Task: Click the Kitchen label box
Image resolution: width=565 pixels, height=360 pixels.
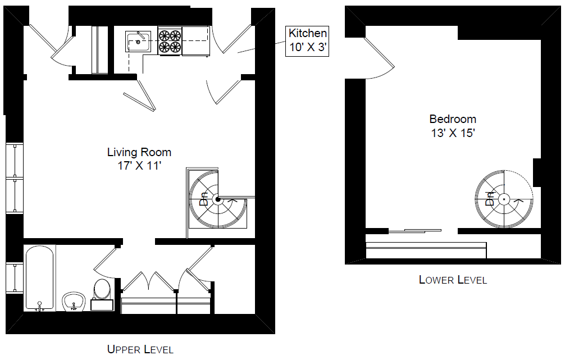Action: [307, 41]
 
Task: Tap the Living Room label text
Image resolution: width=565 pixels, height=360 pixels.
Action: [139, 152]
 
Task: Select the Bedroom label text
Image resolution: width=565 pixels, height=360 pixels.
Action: [453, 119]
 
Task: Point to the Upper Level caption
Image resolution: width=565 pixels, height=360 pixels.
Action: [140, 349]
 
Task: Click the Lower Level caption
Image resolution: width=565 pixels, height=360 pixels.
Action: [453, 280]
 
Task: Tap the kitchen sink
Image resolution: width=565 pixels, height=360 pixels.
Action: [138, 42]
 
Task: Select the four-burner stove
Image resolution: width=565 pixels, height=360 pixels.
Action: [170, 41]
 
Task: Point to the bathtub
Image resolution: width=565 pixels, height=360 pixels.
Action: [40, 278]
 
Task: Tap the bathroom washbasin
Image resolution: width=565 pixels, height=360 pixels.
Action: [74, 302]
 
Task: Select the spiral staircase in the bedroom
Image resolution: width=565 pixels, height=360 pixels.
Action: [504, 199]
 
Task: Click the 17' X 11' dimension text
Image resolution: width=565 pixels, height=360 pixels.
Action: [139, 166]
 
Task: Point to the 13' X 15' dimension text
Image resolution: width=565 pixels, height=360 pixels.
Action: [453, 133]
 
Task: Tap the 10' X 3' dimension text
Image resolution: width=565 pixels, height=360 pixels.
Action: [307, 47]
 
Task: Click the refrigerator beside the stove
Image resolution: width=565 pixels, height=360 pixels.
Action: [195, 41]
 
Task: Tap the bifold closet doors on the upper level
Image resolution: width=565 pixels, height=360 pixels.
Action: [148, 281]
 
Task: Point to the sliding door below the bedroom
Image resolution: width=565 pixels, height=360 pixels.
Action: [414, 231]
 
